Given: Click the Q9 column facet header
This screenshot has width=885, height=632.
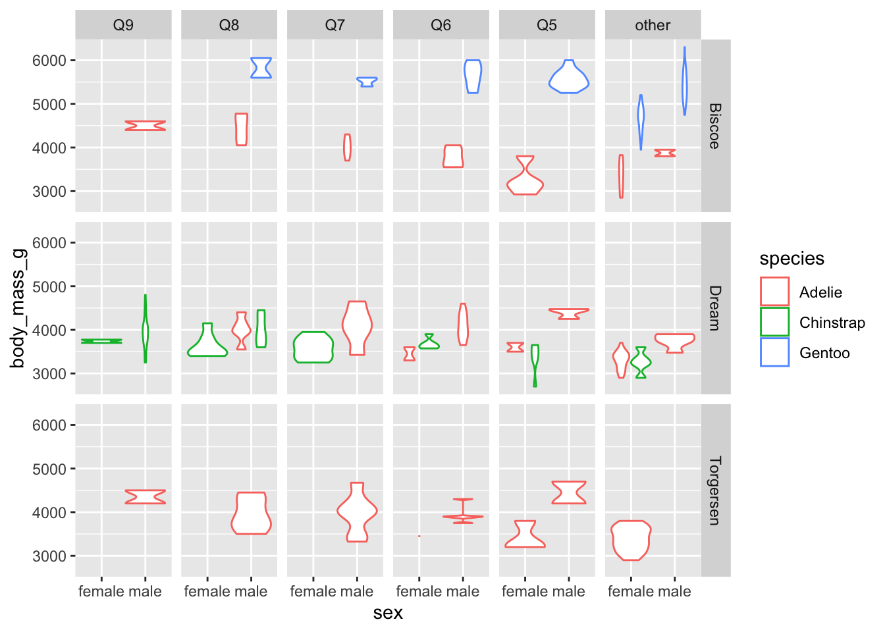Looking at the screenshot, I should click(x=123, y=25).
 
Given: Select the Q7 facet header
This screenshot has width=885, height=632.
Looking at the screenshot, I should click(x=335, y=25).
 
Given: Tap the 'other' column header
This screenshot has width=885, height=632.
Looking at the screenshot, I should click(x=653, y=25).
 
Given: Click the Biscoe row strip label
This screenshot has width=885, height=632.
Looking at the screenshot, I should click(x=715, y=126).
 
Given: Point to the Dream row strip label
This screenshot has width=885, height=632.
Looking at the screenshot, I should click(x=715, y=308).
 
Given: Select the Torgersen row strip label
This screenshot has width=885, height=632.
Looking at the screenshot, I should click(x=715, y=490).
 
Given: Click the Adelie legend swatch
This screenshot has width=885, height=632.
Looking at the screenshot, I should click(x=774, y=292).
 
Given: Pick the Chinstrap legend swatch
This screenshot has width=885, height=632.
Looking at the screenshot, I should click(x=774, y=322).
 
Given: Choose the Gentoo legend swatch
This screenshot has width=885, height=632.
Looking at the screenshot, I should click(x=774, y=352).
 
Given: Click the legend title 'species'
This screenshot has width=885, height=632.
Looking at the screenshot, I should click(x=791, y=259).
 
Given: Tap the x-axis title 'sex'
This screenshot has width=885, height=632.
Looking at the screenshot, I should click(x=388, y=613).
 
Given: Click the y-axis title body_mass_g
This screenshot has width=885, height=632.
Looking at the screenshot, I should click(x=18, y=308).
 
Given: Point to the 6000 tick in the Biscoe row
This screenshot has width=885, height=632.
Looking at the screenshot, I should click(x=49, y=61).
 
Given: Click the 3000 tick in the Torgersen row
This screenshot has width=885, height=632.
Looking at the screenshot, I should click(x=49, y=556).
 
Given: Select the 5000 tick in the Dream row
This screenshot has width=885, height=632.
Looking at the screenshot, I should click(x=49, y=286).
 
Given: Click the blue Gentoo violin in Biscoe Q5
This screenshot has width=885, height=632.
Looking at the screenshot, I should click(x=569, y=80).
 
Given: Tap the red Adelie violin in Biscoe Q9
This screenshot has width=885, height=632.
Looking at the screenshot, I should click(x=146, y=126).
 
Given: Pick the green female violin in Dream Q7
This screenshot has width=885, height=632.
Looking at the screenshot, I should click(x=313, y=347).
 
